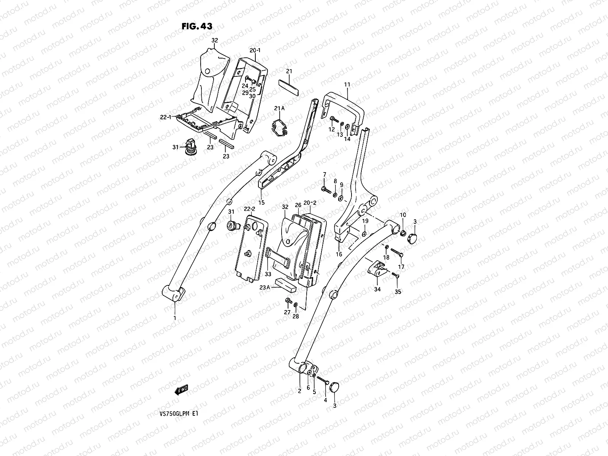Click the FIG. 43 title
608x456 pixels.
pos(197,26)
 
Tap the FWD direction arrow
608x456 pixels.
pos(181,390)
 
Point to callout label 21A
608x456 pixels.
pos(279,109)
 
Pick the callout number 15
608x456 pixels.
pos(261,202)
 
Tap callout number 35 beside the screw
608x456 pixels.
pos(398,292)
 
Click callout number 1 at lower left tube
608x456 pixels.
pos(175,317)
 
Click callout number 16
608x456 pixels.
pos(339,254)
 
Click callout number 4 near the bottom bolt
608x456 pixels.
pos(325,400)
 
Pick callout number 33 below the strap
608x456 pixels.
pos(268,274)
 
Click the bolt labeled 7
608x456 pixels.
pos(325,189)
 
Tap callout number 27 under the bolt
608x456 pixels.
pos(287,312)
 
